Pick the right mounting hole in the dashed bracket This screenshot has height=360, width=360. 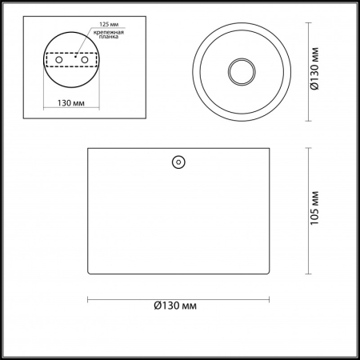click(x=90, y=58)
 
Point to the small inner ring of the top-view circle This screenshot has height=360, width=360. click(x=240, y=71)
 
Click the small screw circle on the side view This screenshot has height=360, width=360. click(x=178, y=162)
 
